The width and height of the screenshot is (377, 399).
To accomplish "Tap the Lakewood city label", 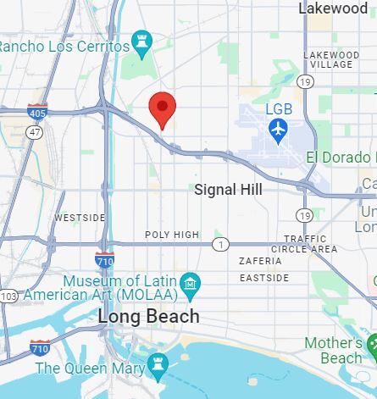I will click(x=334, y=8).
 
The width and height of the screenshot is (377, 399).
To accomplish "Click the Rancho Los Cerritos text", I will click(x=63, y=46).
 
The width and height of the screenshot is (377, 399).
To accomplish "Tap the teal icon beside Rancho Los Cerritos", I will click(x=141, y=41).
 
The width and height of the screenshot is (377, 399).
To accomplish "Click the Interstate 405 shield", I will click(x=37, y=110).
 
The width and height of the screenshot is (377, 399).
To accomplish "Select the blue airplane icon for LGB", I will click(x=278, y=130).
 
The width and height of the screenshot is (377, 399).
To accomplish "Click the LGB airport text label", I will click(x=279, y=109).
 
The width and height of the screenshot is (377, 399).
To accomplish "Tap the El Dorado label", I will click(x=339, y=158).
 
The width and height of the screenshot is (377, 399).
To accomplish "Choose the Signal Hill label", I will click(x=228, y=190).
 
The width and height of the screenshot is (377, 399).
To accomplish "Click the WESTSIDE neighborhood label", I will click(x=80, y=218).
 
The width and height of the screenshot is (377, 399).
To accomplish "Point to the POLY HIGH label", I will click(x=172, y=235).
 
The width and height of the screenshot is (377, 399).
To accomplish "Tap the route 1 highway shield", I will click(x=220, y=244).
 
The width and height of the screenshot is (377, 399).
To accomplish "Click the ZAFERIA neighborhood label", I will click(x=260, y=261).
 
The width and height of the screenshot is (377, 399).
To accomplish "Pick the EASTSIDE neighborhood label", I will click(x=263, y=277).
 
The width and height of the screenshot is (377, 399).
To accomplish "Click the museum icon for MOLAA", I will click(x=191, y=282).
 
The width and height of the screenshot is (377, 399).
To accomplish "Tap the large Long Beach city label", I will click(x=149, y=317).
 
